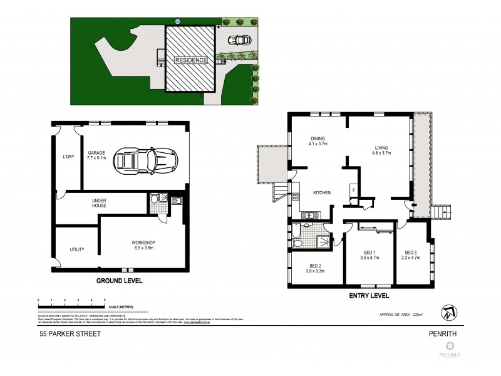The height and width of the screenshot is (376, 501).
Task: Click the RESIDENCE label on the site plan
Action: (190, 60)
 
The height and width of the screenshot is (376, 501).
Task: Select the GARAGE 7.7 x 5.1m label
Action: (96, 155)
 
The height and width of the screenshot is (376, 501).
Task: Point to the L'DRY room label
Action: (69, 157)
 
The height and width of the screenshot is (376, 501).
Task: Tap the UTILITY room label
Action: (76, 249)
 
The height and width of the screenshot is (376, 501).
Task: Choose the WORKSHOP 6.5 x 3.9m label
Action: (143, 245)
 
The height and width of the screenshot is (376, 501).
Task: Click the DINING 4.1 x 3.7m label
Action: (319, 141)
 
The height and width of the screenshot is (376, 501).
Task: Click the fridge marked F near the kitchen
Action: (353, 189)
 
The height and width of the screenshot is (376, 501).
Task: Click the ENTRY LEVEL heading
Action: (368, 295)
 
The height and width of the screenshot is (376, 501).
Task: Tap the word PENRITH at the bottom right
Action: (450, 334)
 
